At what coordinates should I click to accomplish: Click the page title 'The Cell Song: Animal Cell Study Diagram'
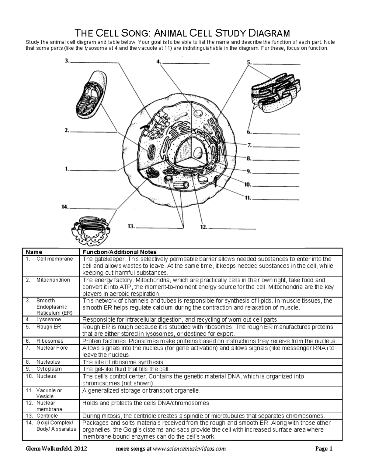[182, 33]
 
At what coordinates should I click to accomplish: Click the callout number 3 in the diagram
[67, 61]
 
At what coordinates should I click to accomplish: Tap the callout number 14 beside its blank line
[64, 207]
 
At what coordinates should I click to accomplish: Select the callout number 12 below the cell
[203, 227]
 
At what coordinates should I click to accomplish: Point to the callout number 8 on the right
[249, 158]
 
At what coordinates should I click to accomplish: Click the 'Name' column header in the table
[34, 252]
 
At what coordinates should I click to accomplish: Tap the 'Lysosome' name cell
[48, 319]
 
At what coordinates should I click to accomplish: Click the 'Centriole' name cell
[47, 415]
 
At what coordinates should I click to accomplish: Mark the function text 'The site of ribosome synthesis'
[123, 362]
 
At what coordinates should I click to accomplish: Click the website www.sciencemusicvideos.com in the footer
[189, 449]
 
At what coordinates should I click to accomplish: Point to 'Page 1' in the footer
[324, 449]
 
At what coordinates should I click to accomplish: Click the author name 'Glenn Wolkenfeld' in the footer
[50, 449]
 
